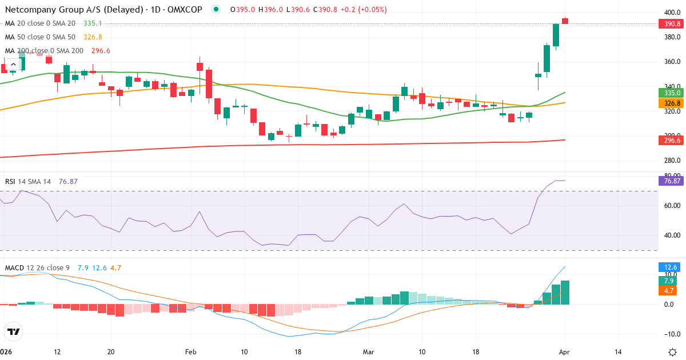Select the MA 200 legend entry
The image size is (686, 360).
point(44,51)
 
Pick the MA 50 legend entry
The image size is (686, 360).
point(40,37)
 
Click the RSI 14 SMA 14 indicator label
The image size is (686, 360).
point(28,182)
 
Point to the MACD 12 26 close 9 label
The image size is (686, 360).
point(38,268)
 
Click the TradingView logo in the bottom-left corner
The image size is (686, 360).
point(14,331)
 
